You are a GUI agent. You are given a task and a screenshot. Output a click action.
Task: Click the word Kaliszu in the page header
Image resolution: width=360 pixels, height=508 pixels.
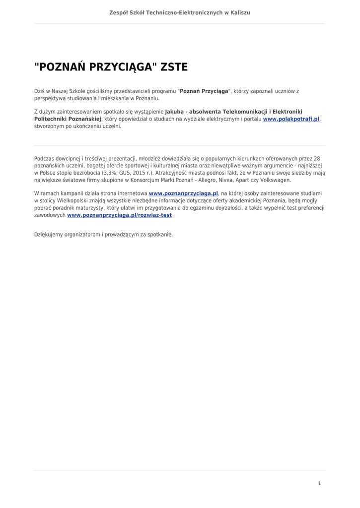point(240,12)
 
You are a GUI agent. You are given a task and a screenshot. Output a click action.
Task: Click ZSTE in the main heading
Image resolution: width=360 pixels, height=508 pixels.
point(174,67)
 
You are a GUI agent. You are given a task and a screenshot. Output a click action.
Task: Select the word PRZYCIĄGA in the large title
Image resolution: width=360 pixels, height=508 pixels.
point(122,67)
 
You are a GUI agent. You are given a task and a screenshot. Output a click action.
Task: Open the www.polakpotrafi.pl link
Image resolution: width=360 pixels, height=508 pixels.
point(291,119)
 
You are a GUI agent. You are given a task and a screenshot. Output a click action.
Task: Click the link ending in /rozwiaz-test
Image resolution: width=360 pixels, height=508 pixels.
point(120,215)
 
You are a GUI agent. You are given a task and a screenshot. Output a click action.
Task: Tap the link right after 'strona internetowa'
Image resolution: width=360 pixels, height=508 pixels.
point(184,193)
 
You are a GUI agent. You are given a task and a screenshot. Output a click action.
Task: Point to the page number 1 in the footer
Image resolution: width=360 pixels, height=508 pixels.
point(319,483)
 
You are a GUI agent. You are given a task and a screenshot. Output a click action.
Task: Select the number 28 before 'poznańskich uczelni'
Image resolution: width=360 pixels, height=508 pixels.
point(317,158)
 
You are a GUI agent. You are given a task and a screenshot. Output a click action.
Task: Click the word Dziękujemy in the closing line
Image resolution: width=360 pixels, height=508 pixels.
point(48,234)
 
